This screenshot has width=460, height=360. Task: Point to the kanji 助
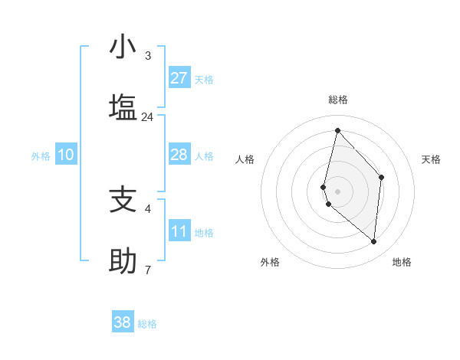123,262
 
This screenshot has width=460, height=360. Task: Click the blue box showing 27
179,78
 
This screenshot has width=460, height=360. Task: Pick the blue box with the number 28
179,155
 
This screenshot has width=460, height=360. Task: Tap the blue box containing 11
179,231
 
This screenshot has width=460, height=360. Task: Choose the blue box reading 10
66,155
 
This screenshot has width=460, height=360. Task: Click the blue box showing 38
123,322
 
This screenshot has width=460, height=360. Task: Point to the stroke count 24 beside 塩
147,117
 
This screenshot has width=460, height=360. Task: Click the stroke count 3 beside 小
147,56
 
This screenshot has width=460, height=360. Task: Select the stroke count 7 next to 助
147,270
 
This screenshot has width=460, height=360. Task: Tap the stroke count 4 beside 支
147,208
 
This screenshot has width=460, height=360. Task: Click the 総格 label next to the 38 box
147,324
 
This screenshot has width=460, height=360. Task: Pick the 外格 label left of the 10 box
41,156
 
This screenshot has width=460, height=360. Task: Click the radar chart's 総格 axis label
337,100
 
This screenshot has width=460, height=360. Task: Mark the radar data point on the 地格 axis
374,241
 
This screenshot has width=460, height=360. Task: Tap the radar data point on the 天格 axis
381,177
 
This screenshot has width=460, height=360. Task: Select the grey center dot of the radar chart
337,191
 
